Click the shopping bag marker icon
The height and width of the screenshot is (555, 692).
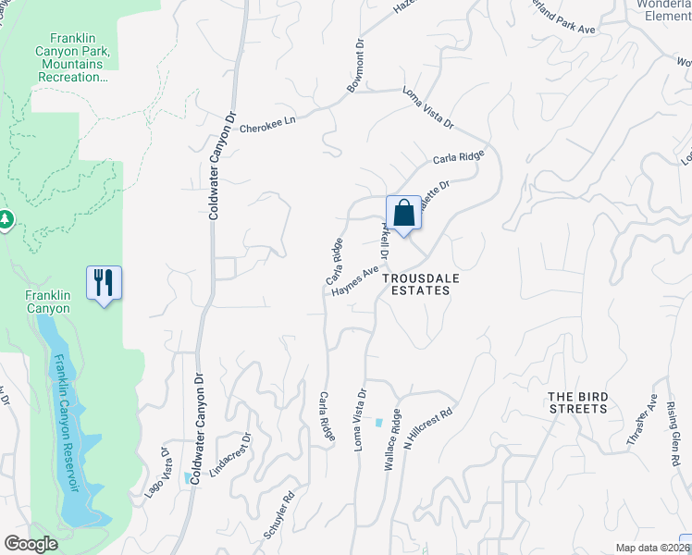(403, 214)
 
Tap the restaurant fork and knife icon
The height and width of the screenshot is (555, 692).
(104, 282)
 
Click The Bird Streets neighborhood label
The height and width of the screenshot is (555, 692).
(578, 403)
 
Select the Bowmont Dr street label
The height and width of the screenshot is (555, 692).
(356, 66)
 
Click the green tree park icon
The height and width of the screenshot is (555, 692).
(5, 219)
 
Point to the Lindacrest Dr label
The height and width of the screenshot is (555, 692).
(231, 457)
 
